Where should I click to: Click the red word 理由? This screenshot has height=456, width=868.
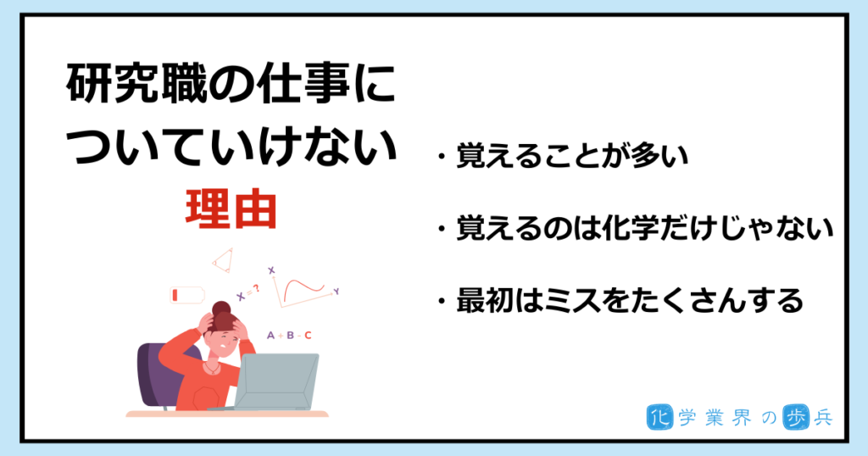(231, 209)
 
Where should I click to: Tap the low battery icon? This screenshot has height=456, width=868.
(187, 295)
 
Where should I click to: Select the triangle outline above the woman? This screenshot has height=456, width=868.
(223, 260)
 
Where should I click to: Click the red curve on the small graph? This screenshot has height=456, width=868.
(304, 288)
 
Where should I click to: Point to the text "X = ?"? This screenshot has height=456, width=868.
(248, 292)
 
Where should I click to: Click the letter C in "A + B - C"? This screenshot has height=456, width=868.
(309, 336)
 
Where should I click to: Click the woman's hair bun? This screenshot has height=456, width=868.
(221, 309)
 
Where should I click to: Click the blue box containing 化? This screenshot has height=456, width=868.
(659, 418)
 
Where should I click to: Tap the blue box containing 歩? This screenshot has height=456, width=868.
(795, 418)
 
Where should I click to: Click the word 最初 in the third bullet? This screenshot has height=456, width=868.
(485, 301)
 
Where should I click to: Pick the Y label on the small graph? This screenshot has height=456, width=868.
(336, 291)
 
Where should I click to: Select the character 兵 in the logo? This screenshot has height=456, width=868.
(822, 418)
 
